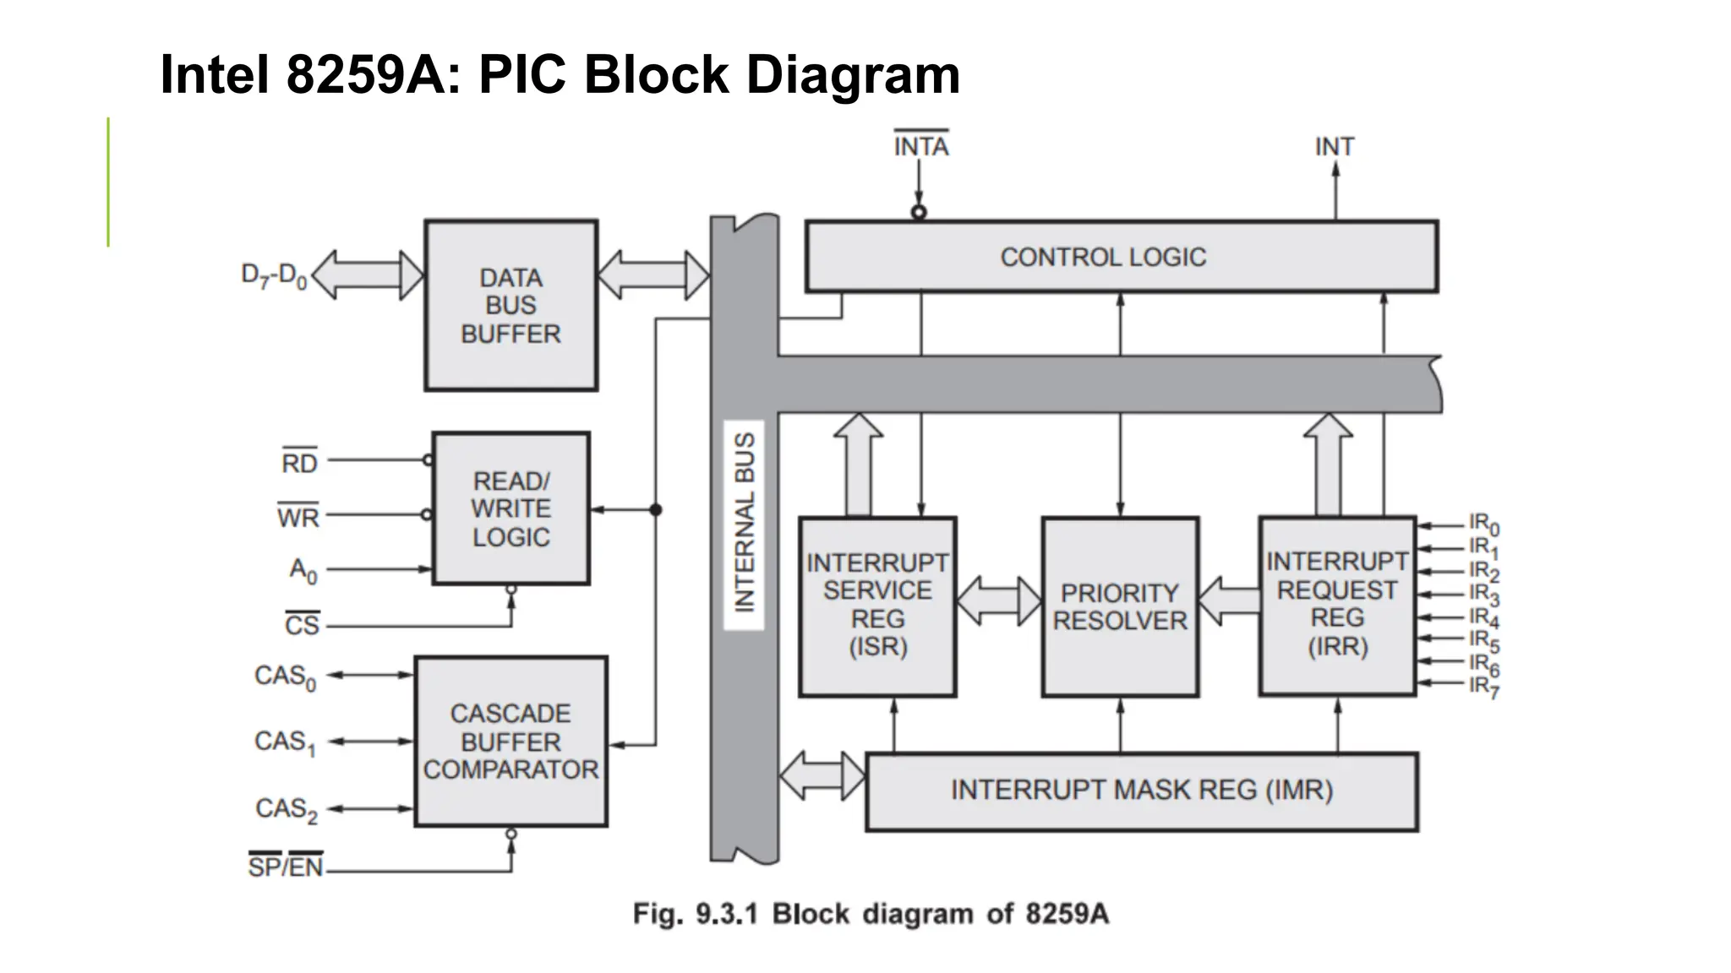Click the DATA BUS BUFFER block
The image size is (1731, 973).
[511, 305]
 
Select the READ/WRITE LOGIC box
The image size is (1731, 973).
[511, 508]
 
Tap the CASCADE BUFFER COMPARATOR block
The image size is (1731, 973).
[511, 741]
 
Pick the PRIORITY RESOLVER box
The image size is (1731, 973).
[1120, 606]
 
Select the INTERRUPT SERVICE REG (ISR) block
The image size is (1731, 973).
[877, 606]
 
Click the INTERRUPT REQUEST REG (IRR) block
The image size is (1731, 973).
[1336, 605]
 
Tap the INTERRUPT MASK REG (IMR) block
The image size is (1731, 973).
[1141, 791]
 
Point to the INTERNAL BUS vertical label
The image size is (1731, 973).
[744, 524]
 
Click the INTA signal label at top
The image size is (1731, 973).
[921, 146]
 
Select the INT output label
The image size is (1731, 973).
[1334, 147]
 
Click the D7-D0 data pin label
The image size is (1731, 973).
[274, 275]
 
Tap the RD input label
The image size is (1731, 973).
[299, 462]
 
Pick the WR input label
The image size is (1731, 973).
[298, 516]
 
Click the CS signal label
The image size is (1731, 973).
[302, 625]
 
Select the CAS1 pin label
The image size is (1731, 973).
[285, 742]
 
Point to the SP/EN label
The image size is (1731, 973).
[286, 866]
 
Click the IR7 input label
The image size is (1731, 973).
[1483, 687]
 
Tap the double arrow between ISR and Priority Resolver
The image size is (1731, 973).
[998, 601]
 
